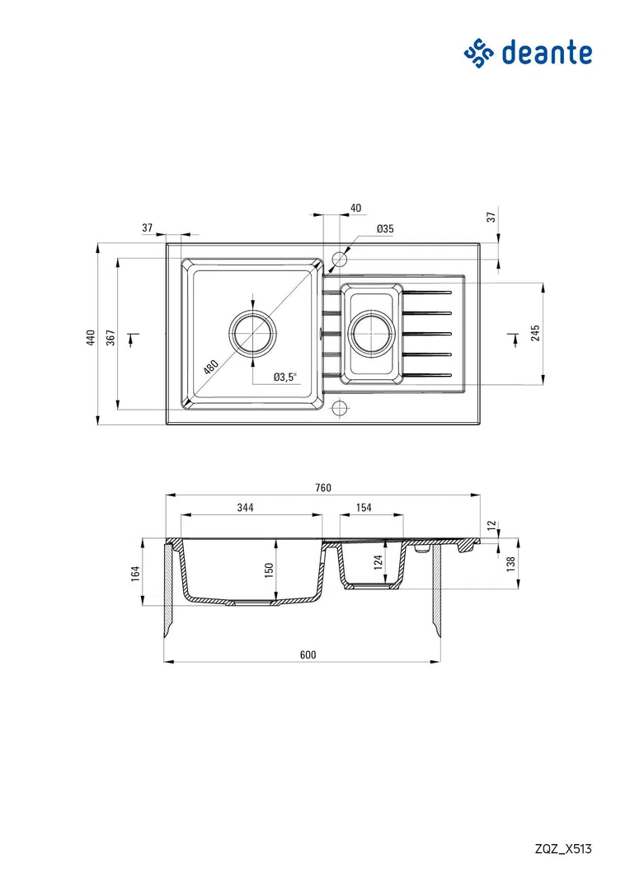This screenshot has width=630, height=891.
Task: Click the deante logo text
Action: point(547,53)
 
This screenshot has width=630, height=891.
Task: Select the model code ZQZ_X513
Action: point(563,849)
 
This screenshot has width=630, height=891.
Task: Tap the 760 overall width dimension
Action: point(323,488)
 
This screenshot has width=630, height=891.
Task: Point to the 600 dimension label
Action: point(308,654)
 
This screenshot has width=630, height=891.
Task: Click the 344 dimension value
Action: point(245,508)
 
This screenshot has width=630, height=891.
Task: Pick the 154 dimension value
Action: point(364,508)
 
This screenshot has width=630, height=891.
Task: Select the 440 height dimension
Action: point(91,338)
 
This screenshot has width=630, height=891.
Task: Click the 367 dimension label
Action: point(110,338)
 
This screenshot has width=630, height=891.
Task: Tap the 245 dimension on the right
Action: point(535,333)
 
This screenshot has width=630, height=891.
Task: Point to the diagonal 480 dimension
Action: point(211,367)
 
